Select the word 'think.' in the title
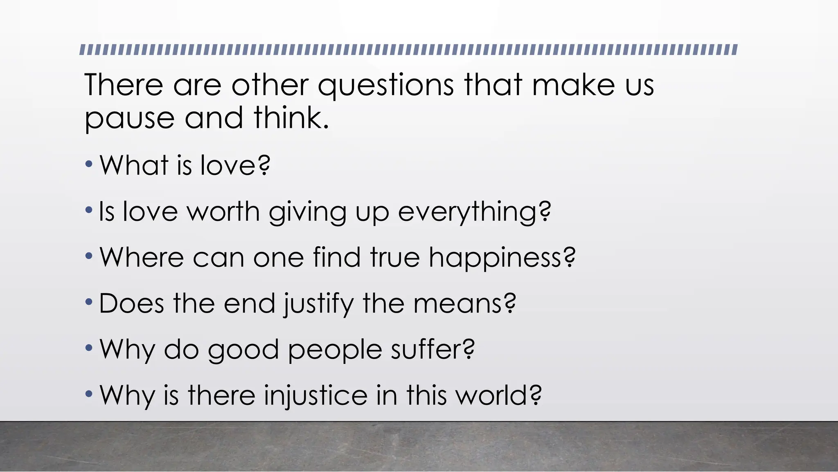click(x=291, y=118)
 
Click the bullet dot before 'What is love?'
click(x=89, y=165)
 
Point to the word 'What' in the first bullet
click(x=134, y=166)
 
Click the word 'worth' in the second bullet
click(x=223, y=212)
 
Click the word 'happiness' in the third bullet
click(x=495, y=258)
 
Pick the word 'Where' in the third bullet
click(x=142, y=258)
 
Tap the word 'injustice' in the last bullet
click(x=315, y=396)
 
